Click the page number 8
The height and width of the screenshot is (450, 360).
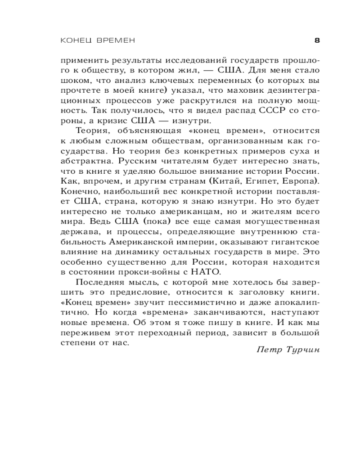[x=316, y=40]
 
